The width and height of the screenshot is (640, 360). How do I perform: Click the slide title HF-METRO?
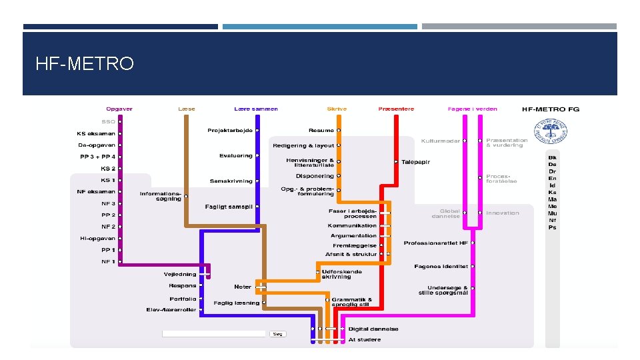(85, 64)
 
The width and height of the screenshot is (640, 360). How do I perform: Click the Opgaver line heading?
(119, 109)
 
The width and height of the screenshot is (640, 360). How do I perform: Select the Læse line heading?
(187, 109)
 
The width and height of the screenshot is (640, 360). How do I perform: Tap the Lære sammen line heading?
(256, 109)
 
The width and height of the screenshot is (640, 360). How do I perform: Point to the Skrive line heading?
(337, 109)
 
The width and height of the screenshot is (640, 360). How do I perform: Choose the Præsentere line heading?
(396, 109)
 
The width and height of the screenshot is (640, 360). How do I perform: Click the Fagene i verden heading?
(472, 109)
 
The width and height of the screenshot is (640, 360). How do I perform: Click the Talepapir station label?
(416, 162)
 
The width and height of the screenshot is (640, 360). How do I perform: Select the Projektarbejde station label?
(230, 131)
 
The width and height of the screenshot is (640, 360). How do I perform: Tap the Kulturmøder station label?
(441, 141)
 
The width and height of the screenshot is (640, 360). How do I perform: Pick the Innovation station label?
(503, 213)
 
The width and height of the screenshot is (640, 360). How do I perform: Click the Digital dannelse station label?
(373, 329)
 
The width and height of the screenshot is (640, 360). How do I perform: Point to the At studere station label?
(365, 339)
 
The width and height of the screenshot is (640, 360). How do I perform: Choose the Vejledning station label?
(180, 274)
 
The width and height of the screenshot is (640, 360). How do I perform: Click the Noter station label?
(243, 287)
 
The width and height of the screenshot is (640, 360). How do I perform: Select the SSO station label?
(108, 122)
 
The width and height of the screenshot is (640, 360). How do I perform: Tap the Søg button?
(277, 334)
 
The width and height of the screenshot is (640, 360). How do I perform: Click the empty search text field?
(214, 334)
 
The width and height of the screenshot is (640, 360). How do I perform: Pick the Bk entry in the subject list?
(552, 157)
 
